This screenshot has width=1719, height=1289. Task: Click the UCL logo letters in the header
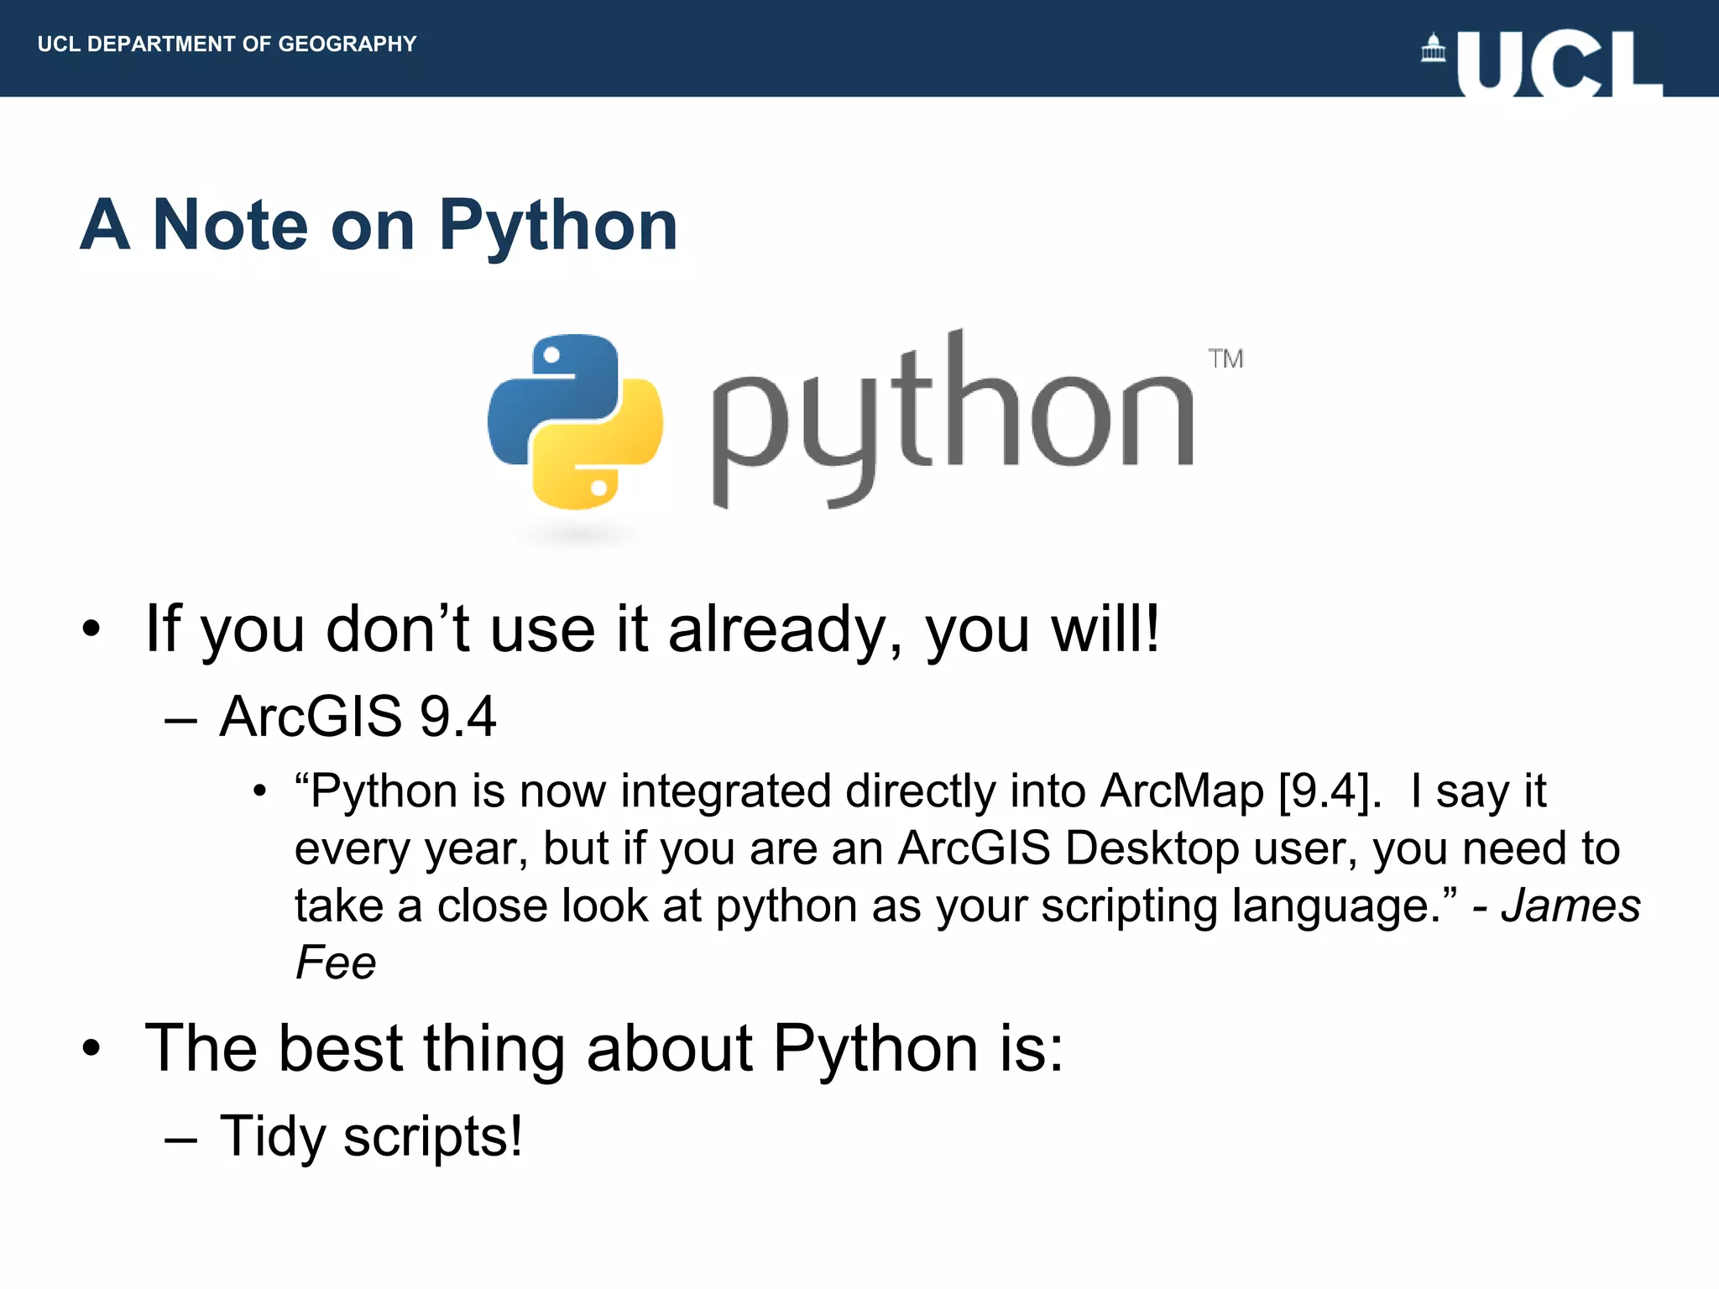tap(1560, 64)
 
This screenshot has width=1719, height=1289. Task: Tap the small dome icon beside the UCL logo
tap(1434, 49)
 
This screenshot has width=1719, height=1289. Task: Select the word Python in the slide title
tap(557, 227)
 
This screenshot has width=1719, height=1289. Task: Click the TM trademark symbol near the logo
tap(1225, 359)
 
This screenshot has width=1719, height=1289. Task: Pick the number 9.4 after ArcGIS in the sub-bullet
tap(457, 717)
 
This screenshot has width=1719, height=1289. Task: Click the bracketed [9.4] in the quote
tap(1330, 791)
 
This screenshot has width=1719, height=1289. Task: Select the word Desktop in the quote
tap(1152, 848)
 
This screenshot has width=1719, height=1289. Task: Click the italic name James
tap(1570, 905)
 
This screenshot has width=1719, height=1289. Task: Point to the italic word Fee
tap(335, 963)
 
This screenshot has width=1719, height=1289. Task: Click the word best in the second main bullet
tap(341, 1048)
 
